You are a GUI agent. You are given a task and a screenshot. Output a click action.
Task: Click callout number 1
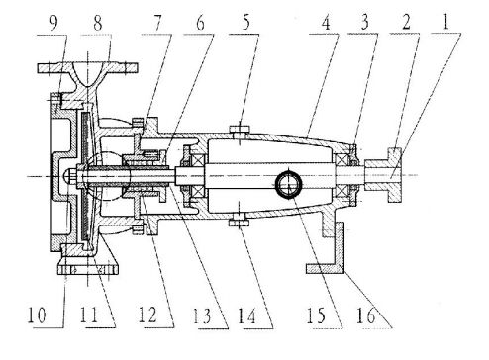coord(446,22)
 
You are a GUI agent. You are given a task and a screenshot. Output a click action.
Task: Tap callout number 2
coord(406,23)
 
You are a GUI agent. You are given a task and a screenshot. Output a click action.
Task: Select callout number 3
coord(364,23)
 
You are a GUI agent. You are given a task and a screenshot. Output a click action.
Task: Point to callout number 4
coord(326,23)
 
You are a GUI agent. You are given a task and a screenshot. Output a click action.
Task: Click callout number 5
coord(246,23)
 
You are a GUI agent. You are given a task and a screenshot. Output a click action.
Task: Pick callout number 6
coord(200,23)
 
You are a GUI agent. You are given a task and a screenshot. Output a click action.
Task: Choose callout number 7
coord(157,23)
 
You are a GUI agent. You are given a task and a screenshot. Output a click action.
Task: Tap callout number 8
coord(97,23)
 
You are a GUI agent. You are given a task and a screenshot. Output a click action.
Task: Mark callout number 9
coord(53,23)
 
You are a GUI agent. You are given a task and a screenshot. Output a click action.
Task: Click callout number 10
coord(37,315)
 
